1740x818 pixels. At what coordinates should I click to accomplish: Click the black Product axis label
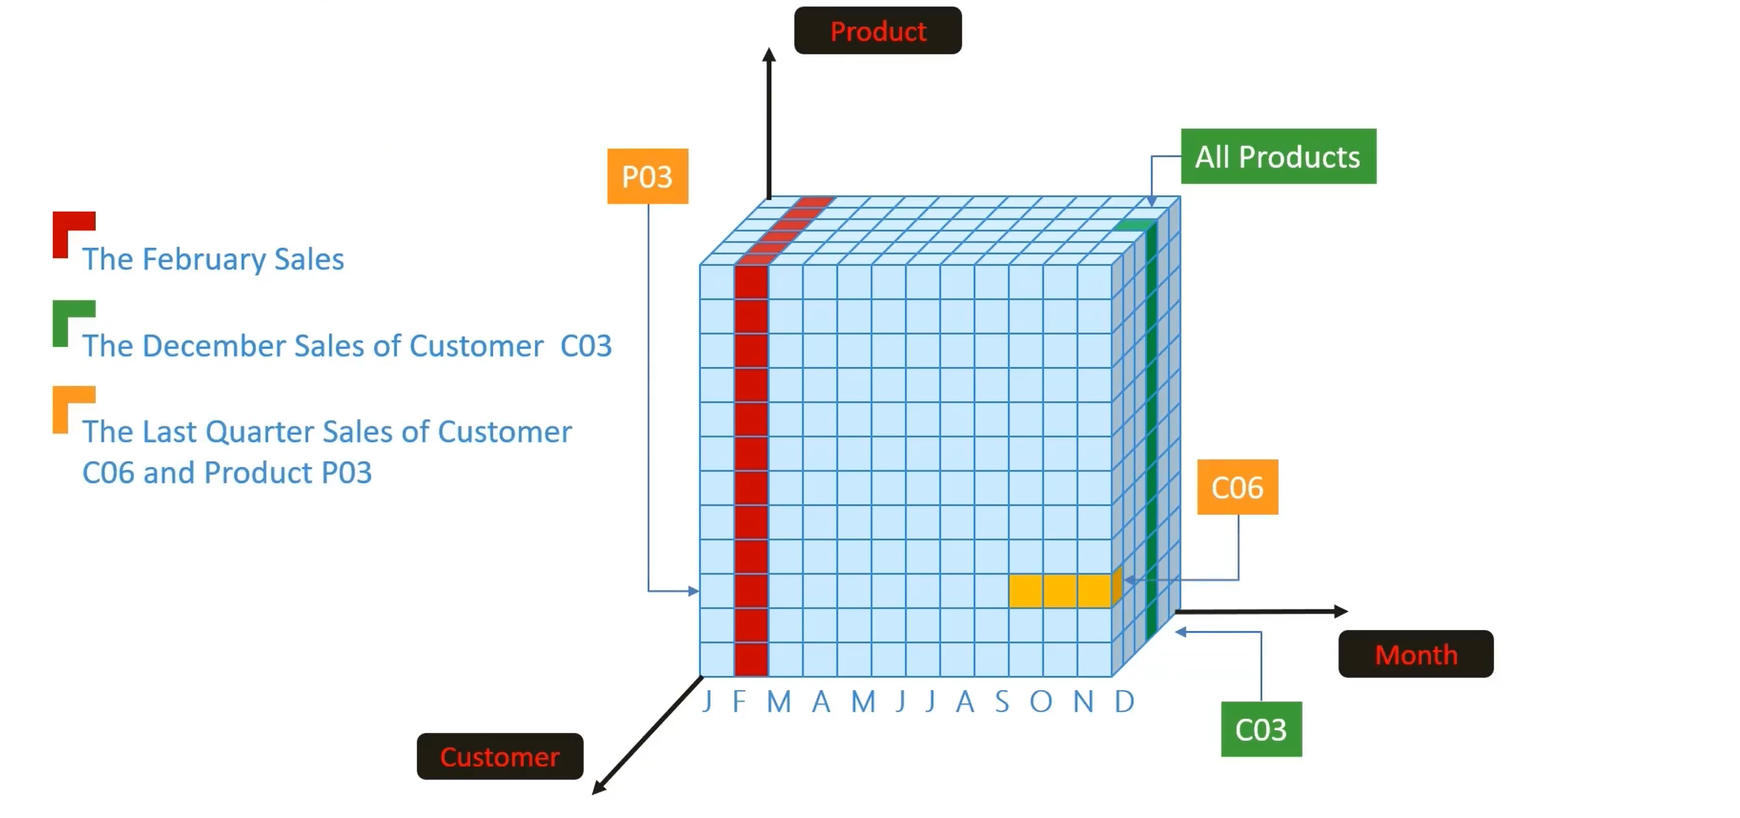click(877, 31)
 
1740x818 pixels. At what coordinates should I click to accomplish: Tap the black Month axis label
click(1415, 654)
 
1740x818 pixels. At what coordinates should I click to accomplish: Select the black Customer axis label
click(500, 757)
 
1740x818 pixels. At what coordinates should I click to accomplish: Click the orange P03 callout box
click(647, 177)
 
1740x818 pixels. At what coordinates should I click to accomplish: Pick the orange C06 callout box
click(1237, 488)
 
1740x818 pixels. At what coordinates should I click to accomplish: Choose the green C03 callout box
click(1261, 729)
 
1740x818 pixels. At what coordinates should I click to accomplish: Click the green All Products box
click(1278, 157)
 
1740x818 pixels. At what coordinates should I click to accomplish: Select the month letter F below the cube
click(739, 701)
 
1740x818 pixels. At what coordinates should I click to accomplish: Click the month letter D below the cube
click(1124, 701)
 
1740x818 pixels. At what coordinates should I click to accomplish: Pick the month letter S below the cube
click(1002, 701)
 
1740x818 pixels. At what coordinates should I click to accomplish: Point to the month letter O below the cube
click(1041, 701)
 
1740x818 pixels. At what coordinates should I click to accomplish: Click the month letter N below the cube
click(1084, 701)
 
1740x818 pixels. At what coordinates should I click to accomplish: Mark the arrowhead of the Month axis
click(1341, 611)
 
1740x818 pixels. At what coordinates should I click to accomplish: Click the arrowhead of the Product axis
click(769, 55)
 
